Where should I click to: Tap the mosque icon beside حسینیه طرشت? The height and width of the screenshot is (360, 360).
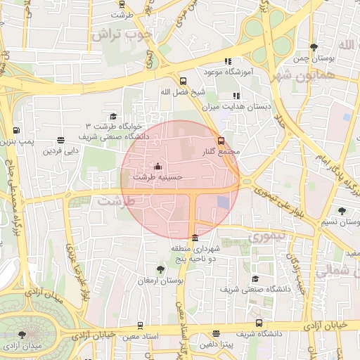pyautogui.click(x=157, y=167)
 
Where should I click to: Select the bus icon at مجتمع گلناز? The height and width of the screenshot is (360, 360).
pyautogui.click(x=221, y=141)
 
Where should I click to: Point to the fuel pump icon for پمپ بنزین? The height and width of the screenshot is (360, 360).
pyautogui.click(x=16, y=130)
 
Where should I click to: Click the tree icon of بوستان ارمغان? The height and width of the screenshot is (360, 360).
pyautogui.click(x=161, y=269)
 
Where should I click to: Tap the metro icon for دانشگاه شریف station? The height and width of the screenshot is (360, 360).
pyautogui.click(x=259, y=323)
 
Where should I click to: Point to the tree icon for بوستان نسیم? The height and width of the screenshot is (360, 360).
pyautogui.click(x=342, y=211)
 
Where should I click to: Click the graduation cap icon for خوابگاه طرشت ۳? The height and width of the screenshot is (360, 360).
pyautogui.click(x=113, y=116)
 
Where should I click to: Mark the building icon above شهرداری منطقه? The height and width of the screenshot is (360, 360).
pyautogui.click(x=195, y=238)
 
